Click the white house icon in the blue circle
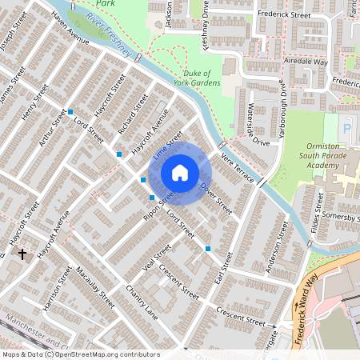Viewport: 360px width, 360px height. pos(180,173)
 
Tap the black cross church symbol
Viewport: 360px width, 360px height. pos(22,254)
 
